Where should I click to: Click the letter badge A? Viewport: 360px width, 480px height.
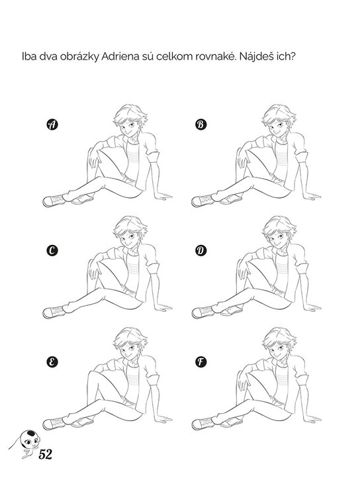coord(52,124)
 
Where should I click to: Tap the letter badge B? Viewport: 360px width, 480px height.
coord(201,124)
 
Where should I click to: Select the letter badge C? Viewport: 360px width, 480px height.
coord(52,251)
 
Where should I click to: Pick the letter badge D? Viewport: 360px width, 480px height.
coord(201,251)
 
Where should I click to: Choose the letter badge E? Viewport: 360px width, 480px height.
coord(52,362)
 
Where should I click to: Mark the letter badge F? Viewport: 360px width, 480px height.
coord(201,362)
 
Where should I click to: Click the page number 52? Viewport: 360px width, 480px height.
coord(45,454)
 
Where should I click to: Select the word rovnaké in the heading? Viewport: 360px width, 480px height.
coord(214,57)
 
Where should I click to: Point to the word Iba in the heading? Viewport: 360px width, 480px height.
coord(29,57)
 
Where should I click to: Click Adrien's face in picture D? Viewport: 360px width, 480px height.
coord(278,237)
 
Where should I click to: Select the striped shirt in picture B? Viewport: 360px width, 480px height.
coord(281,159)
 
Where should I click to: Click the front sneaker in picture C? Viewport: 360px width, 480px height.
coord(54,312)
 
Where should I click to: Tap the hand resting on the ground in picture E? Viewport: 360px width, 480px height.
coord(162,418)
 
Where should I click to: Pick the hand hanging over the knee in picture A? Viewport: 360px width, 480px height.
coord(93,159)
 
